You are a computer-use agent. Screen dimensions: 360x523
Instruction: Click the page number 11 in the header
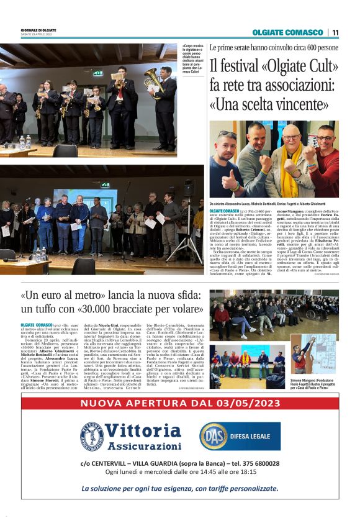coord(335,32)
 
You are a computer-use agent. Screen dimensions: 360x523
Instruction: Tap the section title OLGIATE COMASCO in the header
coord(288,32)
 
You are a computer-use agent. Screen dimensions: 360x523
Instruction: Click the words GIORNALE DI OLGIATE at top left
coord(39,30)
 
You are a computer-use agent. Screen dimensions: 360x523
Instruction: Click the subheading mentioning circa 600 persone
coord(273,47)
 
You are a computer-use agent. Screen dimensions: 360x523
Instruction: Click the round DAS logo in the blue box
coord(213,436)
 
